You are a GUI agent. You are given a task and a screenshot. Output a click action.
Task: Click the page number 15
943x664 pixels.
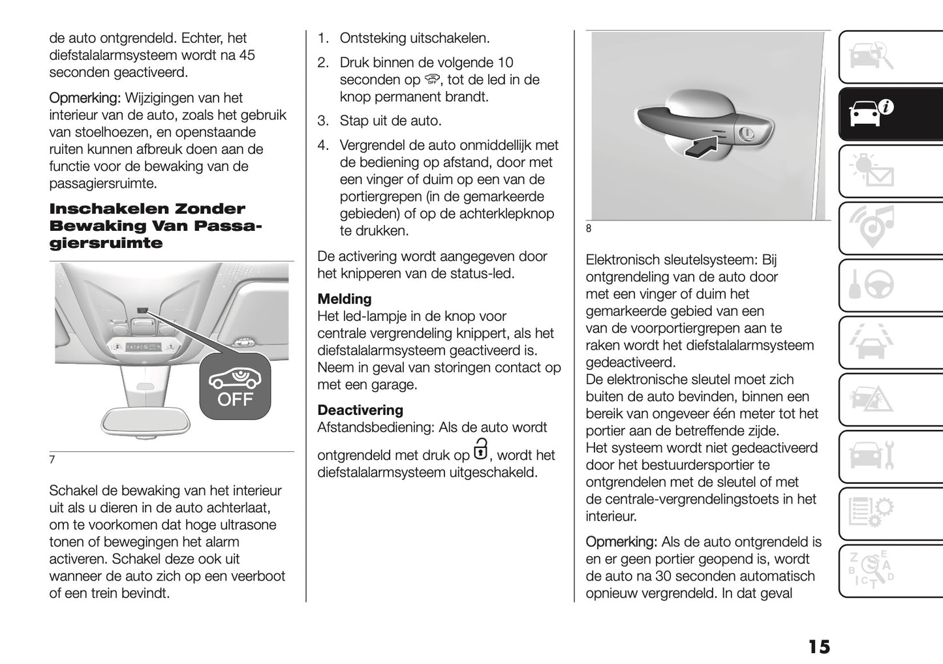[x=818, y=647]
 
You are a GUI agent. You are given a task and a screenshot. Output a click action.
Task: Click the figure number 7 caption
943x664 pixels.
[x=52, y=459]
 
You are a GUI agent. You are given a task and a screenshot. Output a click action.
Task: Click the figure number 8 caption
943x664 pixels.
[x=588, y=228]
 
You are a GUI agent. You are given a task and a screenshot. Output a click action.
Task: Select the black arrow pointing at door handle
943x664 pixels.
[x=707, y=144]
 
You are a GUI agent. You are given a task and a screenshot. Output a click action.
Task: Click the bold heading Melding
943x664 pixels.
[x=345, y=299]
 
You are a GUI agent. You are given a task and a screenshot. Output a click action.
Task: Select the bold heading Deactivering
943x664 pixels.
[x=360, y=410]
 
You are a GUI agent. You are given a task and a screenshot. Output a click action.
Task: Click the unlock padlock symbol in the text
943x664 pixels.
[x=480, y=450]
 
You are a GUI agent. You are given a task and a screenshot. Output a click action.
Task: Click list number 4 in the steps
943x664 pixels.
[x=322, y=145]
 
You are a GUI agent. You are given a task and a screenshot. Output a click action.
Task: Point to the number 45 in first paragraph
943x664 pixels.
[x=246, y=55]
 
